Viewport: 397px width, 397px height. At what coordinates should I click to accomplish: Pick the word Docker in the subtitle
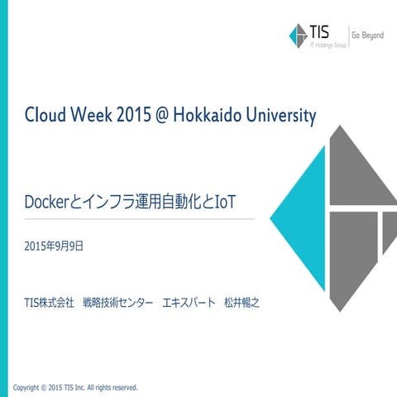(48, 201)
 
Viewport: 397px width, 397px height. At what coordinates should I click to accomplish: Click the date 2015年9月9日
(54, 246)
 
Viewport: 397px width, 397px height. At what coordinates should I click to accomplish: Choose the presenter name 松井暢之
(242, 303)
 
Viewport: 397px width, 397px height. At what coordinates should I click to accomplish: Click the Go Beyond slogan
(367, 36)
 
